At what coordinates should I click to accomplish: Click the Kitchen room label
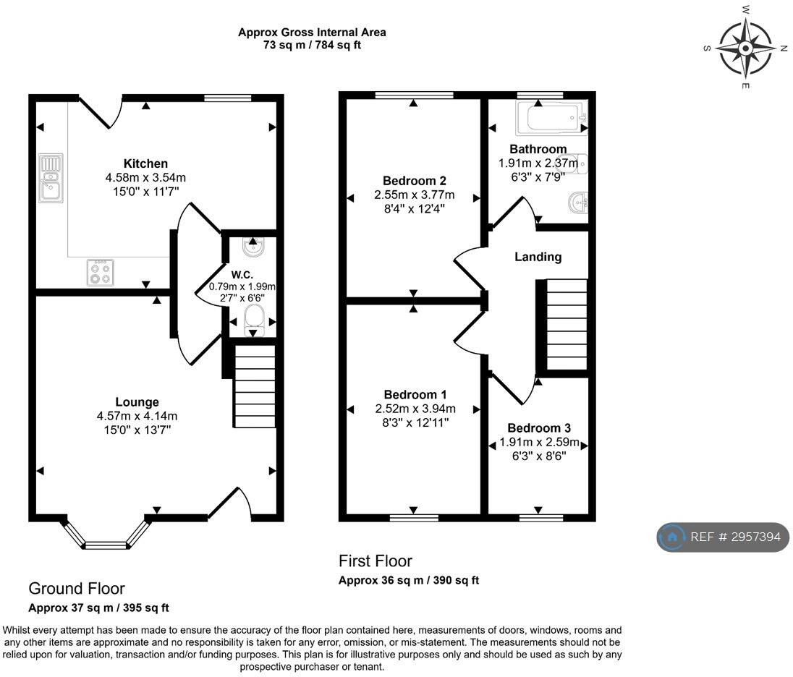pyautogui.click(x=145, y=163)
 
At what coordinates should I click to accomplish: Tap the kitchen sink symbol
pyautogui.click(x=51, y=178)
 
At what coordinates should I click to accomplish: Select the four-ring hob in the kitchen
pyautogui.click(x=100, y=273)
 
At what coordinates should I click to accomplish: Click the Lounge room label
pyautogui.click(x=137, y=402)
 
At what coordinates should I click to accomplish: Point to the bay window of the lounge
pyautogui.click(x=106, y=533)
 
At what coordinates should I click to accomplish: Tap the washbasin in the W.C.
pyautogui.click(x=253, y=247)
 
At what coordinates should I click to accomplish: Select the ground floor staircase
pyautogui.click(x=255, y=386)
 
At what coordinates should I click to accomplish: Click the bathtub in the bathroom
pyautogui.click(x=552, y=118)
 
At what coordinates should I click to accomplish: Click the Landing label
pyautogui.click(x=538, y=257)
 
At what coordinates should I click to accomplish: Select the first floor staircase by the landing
pyautogui.click(x=566, y=324)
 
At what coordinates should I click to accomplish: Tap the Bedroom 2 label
pyautogui.click(x=414, y=181)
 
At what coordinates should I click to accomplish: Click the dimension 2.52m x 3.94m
pyautogui.click(x=415, y=409)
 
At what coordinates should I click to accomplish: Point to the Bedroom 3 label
pyautogui.click(x=539, y=427)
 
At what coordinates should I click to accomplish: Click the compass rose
pyautogui.click(x=745, y=48)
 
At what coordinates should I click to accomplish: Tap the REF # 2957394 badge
pyautogui.click(x=723, y=537)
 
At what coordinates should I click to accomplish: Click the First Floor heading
pyautogui.click(x=376, y=561)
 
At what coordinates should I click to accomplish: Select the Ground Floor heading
pyautogui.click(x=77, y=589)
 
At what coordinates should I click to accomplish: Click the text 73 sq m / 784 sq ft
pyautogui.click(x=312, y=45)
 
